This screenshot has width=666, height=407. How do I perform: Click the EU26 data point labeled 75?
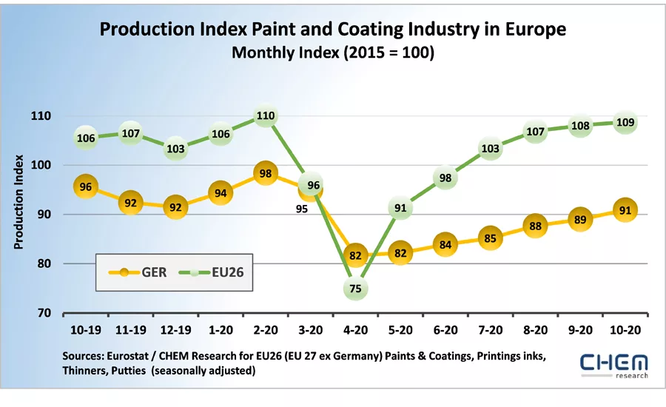pyautogui.click(x=355, y=289)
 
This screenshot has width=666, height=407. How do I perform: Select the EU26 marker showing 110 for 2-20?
pyautogui.click(x=266, y=116)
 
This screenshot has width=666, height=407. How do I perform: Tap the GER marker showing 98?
pyautogui.click(x=266, y=173)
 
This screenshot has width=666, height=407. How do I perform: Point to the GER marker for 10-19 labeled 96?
pyautogui.click(x=86, y=187)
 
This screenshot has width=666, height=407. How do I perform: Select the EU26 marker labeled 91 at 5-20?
pyautogui.click(x=400, y=209)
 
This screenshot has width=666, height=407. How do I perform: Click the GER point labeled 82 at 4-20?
pyautogui.click(x=356, y=256)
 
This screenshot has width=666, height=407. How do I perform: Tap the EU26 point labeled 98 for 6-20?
pyautogui.click(x=445, y=178)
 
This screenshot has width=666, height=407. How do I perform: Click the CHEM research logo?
pyautogui.click(x=613, y=364)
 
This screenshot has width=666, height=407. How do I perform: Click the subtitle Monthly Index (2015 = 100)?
pyautogui.click(x=333, y=53)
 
